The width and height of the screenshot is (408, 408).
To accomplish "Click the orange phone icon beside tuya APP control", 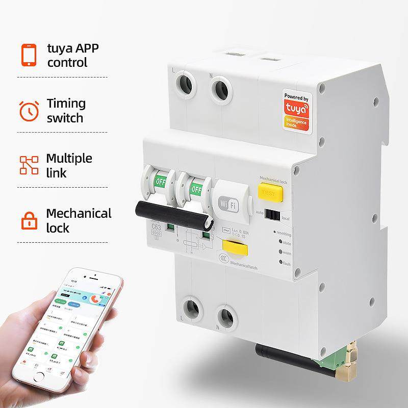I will (x=29, y=55).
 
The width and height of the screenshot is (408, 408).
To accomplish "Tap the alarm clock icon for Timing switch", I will (x=29, y=110).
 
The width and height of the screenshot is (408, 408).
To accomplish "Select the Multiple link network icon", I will (x=29, y=165).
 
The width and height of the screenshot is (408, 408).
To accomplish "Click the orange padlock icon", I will (x=29, y=219).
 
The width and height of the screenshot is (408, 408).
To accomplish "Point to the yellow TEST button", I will (x=268, y=193).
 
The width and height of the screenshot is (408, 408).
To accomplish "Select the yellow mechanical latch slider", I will (x=236, y=251).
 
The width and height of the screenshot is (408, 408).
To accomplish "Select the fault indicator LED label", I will (x=287, y=262).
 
